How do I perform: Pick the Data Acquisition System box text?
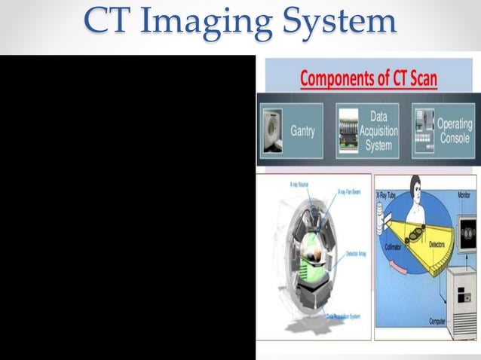[x=378, y=130]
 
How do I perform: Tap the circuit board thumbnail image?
[x=348, y=130]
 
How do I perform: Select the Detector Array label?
[x=356, y=255]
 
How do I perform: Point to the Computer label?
[x=438, y=322]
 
